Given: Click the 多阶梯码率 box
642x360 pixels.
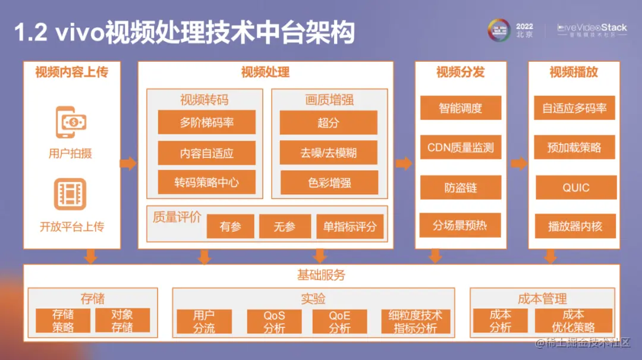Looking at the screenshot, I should [x=207, y=122].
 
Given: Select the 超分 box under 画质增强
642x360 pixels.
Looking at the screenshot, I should [x=328, y=122].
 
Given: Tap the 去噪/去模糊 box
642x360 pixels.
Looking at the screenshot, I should [x=328, y=153].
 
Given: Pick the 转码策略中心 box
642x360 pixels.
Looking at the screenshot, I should [x=207, y=182].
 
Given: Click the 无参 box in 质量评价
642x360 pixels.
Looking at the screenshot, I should [x=285, y=226].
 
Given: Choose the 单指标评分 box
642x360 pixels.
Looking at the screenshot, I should [x=350, y=226].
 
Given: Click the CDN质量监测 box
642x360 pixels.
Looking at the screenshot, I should [x=461, y=147].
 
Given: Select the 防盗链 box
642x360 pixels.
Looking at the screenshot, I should [x=461, y=188].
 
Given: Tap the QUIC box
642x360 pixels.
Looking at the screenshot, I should [x=575, y=188].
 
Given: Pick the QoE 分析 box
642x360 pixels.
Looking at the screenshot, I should [x=339, y=321].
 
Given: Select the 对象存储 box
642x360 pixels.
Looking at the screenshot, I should [x=122, y=321].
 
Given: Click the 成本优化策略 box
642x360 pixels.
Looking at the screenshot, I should [x=573, y=321].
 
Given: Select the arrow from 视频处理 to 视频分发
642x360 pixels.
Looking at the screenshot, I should [x=404, y=163].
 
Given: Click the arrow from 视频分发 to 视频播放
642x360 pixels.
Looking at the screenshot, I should [x=518, y=163].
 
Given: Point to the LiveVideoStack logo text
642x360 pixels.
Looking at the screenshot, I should [x=592, y=28].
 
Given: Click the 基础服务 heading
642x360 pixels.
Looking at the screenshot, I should [x=321, y=275].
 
